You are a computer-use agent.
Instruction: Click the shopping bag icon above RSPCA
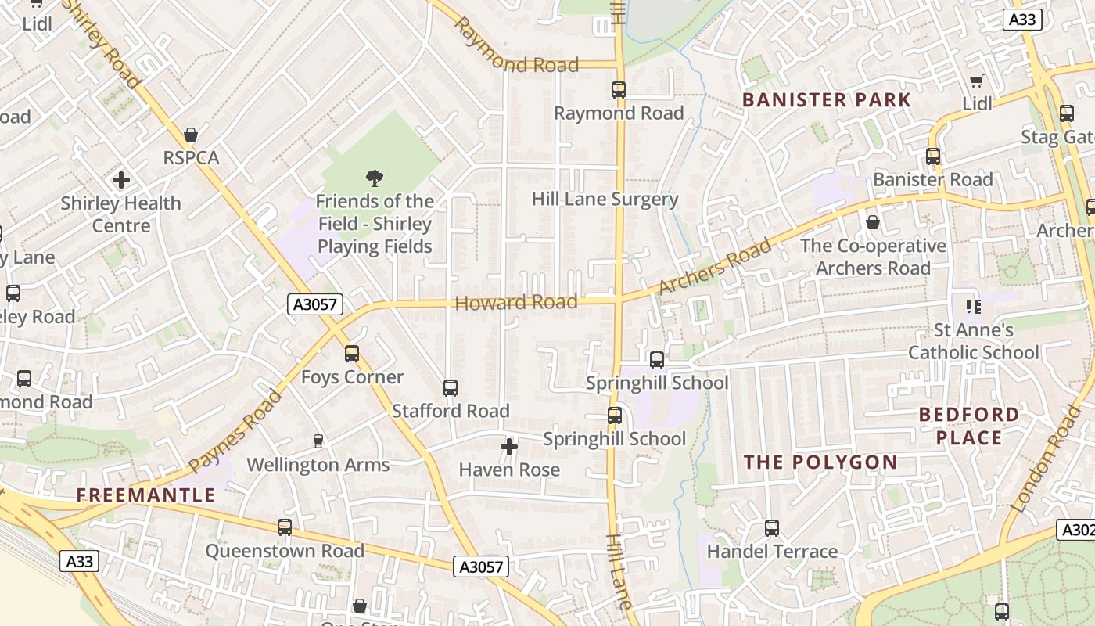click(190, 135)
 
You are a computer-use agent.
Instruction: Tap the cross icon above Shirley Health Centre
click(120, 180)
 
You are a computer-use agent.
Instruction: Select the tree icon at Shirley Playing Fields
click(375, 178)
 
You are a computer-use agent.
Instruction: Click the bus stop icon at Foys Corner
click(352, 354)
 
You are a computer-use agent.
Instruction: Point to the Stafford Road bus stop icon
click(450, 388)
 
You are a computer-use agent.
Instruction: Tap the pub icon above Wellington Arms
click(318, 441)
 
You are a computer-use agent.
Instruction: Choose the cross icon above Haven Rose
click(509, 447)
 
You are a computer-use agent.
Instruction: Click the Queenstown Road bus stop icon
click(285, 527)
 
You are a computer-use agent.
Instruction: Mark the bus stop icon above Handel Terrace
click(772, 528)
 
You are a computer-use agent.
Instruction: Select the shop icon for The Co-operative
click(873, 223)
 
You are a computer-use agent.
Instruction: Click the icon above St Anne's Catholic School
click(973, 306)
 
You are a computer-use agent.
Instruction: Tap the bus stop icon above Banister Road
click(932, 156)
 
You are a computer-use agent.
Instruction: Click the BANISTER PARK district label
click(827, 100)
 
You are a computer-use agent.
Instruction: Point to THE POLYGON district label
click(820, 462)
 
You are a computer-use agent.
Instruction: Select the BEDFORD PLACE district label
click(969, 426)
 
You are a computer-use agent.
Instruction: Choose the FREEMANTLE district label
click(145, 495)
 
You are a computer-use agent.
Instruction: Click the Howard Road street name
click(516, 303)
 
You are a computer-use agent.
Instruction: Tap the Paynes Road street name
click(235, 431)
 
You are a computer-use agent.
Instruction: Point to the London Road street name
click(1045, 459)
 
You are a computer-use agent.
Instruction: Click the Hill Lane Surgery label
click(605, 199)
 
